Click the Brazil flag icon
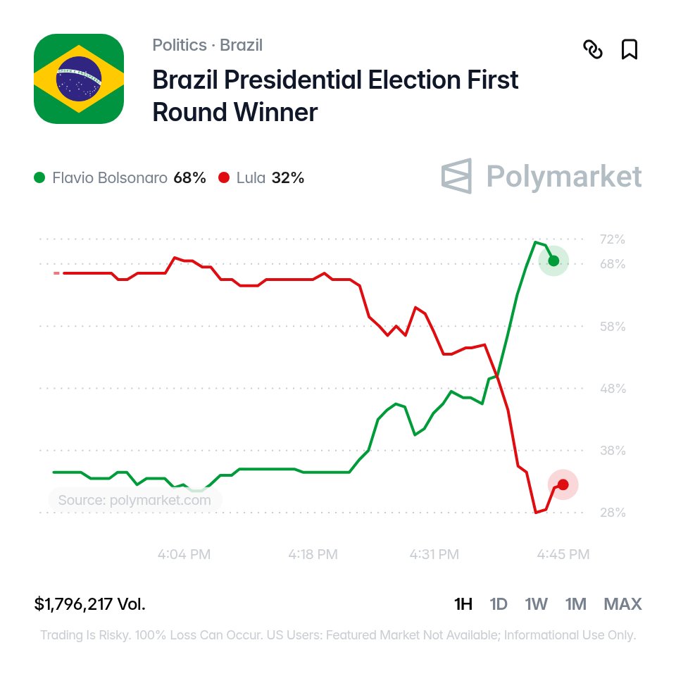(79, 79)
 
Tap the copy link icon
(593, 49)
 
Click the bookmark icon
(630, 49)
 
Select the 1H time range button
(463, 604)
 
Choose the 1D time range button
(499, 604)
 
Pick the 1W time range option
(536, 604)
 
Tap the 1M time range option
(575, 604)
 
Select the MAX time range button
(622, 604)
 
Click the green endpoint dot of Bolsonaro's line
(553, 261)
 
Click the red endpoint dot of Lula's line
(563, 484)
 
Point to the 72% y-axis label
(612, 239)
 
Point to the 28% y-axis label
(613, 513)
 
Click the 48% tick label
(613, 389)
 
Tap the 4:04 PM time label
(184, 554)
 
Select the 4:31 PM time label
(434, 554)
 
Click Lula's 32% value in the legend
(287, 177)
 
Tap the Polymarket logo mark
(456, 176)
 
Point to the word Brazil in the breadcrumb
(241, 45)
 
